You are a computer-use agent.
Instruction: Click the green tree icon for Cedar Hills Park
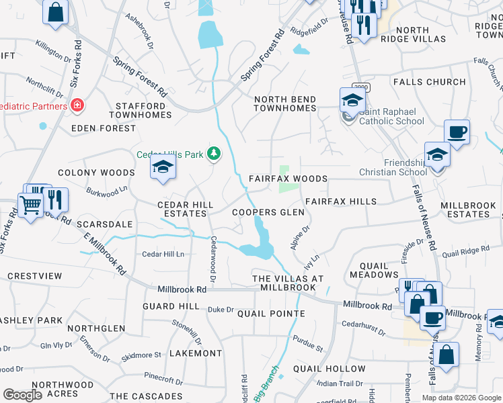[215, 154]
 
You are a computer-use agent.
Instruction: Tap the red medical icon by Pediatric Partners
[77, 106]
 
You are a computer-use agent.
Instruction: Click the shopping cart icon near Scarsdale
[30, 204]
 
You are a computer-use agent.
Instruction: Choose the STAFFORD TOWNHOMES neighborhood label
[141, 110]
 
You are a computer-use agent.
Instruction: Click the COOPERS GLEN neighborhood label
[268, 212]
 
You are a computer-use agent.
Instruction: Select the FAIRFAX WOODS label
[288, 179]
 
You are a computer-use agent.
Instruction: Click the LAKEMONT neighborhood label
[196, 353]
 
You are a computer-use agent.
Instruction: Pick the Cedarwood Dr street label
[213, 259]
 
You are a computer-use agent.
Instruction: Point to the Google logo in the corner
[22, 395]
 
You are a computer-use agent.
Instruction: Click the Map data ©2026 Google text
[460, 398]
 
